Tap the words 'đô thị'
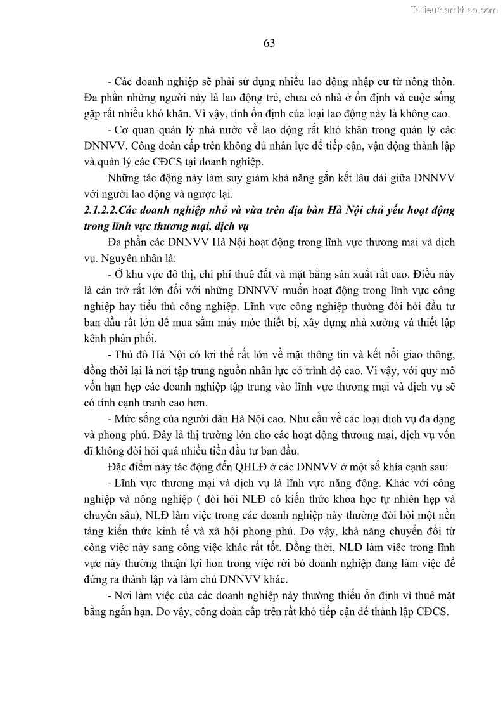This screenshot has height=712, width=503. [x=170, y=275]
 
